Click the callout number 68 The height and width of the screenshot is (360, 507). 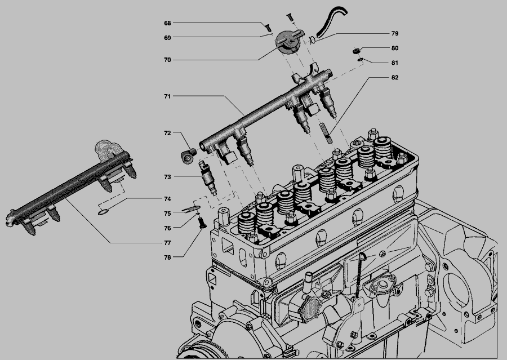(167, 23)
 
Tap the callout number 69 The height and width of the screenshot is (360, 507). (167, 38)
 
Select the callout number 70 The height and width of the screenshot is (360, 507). (167, 60)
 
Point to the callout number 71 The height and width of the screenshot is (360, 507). (167, 96)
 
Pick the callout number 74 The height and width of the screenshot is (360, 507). (167, 199)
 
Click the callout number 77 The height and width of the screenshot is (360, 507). (167, 243)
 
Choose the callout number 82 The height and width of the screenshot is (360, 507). (395, 77)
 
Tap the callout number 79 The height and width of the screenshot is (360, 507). (395, 33)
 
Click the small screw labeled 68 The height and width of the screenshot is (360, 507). (268, 28)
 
